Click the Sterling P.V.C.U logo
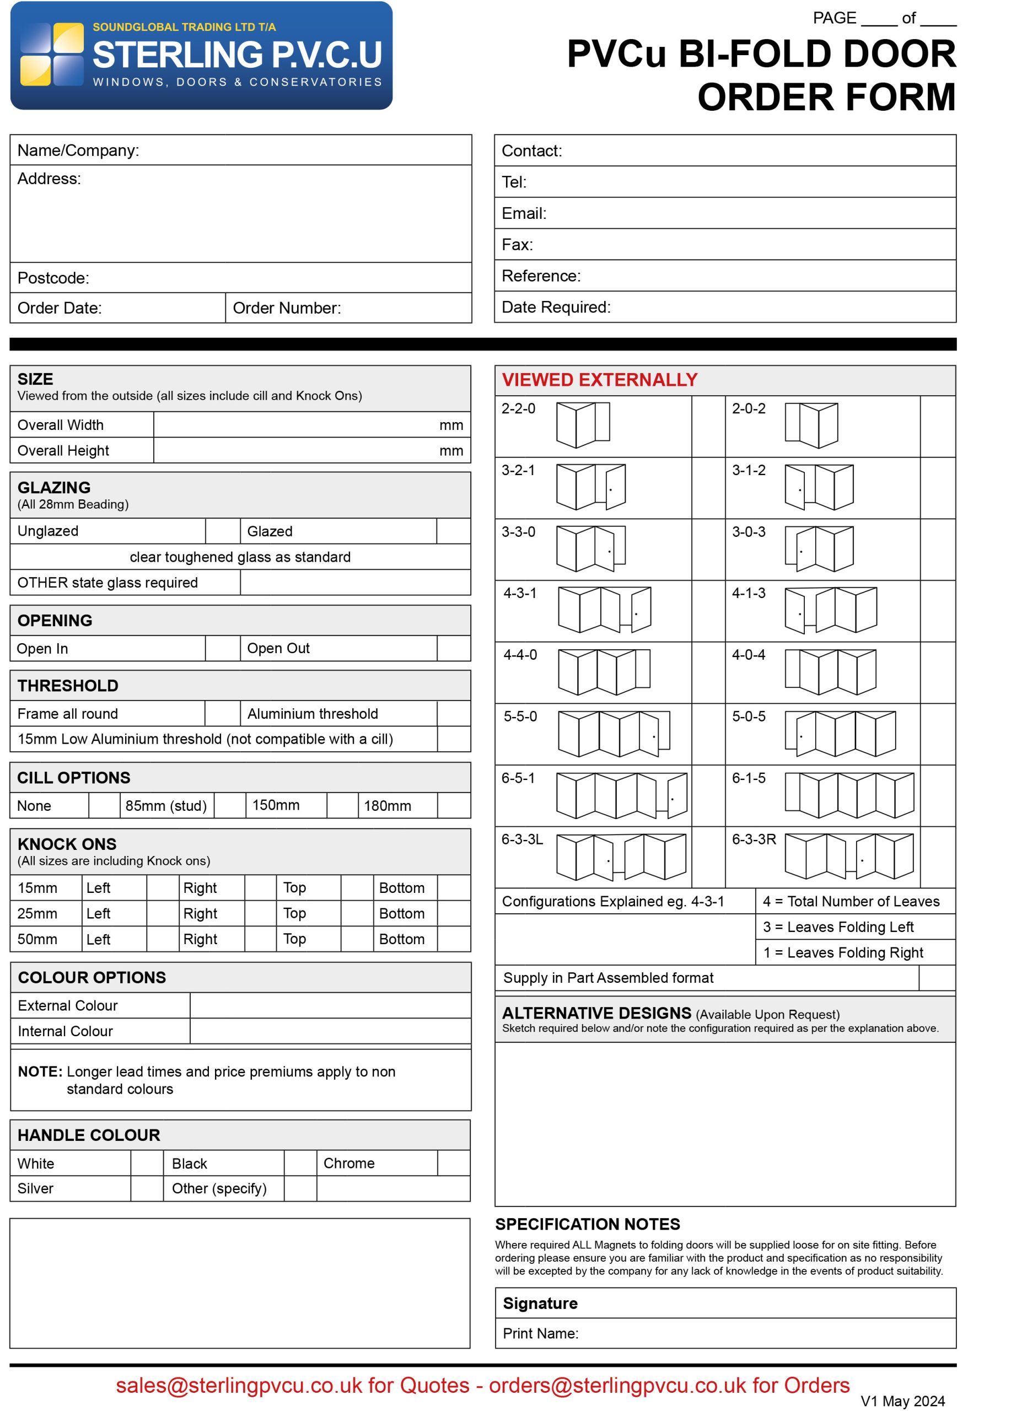pos(201,55)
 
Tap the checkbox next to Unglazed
pos(222,531)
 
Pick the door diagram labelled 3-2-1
pos(590,487)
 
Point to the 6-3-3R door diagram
pos(848,856)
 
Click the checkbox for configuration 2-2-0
pos(708,426)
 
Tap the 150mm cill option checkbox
pos(342,805)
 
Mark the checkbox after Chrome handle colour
pos(454,1162)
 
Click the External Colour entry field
pos(330,1005)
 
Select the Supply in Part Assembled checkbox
pos(936,977)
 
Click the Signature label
pos(539,1303)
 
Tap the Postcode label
pos(53,277)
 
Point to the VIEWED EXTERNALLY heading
pos(599,380)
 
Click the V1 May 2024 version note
pos(902,1401)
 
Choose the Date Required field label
pos(556,306)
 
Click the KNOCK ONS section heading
pos(67,844)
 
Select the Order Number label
pos(286,308)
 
